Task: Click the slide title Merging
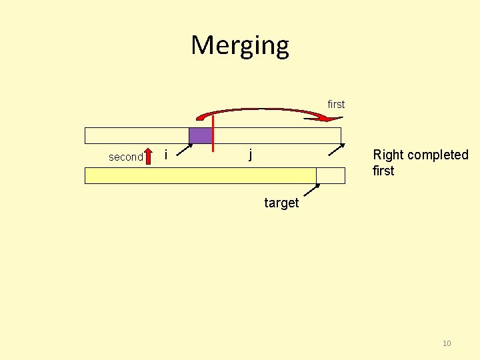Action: (x=240, y=45)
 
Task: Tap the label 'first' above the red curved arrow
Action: (x=336, y=104)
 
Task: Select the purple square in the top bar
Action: (x=200, y=135)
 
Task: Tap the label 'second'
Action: (x=126, y=157)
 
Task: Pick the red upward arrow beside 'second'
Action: (x=149, y=157)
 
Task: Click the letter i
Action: (x=166, y=155)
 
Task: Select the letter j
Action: (x=250, y=154)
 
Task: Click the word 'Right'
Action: (x=389, y=155)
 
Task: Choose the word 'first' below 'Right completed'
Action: (x=383, y=171)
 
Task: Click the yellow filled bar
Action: (x=200, y=175)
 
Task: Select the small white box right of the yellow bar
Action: (x=331, y=175)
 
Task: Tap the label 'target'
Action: (x=281, y=203)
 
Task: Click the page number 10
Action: (x=447, y=343)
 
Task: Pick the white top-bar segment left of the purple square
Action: (x=137, y=135)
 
